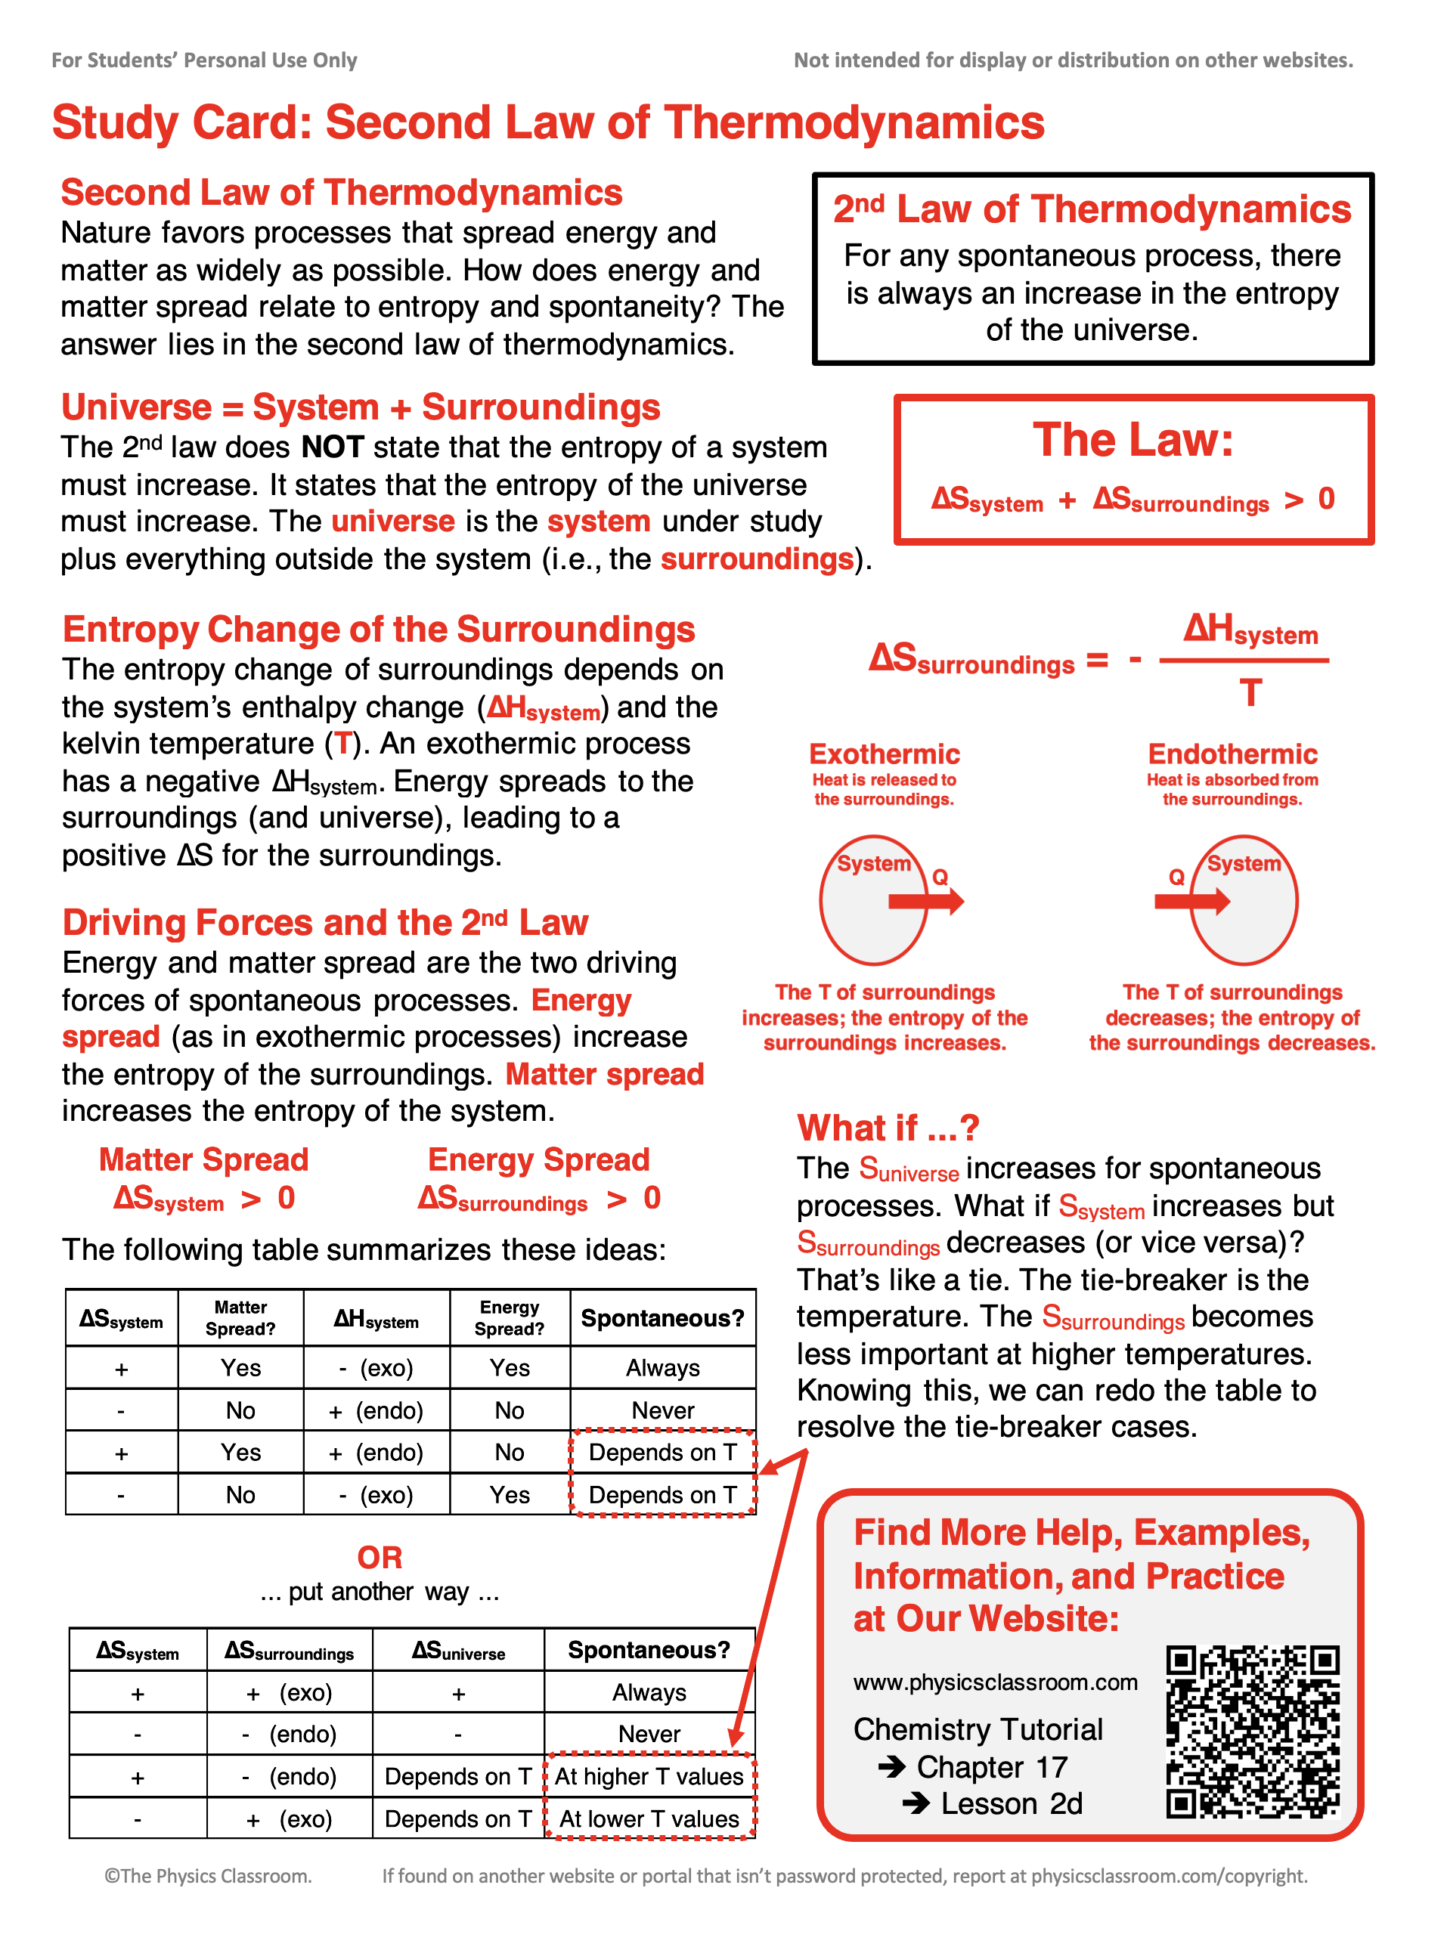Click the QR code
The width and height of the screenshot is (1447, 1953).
(1253, 1732)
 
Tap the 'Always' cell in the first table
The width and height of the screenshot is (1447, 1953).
(662, 1368)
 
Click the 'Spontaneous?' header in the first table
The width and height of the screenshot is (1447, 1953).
(662, 1318)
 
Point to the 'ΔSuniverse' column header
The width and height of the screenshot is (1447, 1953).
(458, 1651)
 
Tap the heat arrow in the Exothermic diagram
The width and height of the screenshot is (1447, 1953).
(926, 901)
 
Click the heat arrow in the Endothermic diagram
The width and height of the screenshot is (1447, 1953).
(1192, 901)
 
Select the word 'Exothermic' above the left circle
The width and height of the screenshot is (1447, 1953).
(884, 754)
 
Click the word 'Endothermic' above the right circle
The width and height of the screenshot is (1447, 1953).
(1232, 754)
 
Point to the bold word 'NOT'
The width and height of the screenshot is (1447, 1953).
(332, 447)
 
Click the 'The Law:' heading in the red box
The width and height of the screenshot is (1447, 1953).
(1133, 440)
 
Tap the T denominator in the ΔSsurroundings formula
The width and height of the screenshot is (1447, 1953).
(1250, 693)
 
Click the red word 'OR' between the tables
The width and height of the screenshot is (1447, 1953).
(380, 1558)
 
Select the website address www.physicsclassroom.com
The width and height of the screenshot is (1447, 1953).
(995, 1682)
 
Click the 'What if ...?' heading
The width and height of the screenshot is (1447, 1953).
(888, 1128)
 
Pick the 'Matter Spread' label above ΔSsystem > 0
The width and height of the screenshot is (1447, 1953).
(203, 1159)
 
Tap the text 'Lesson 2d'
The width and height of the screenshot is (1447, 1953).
(1011, 1804)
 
